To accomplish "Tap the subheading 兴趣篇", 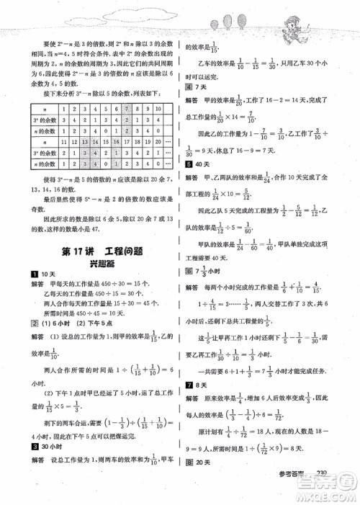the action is (x=94, y=264).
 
